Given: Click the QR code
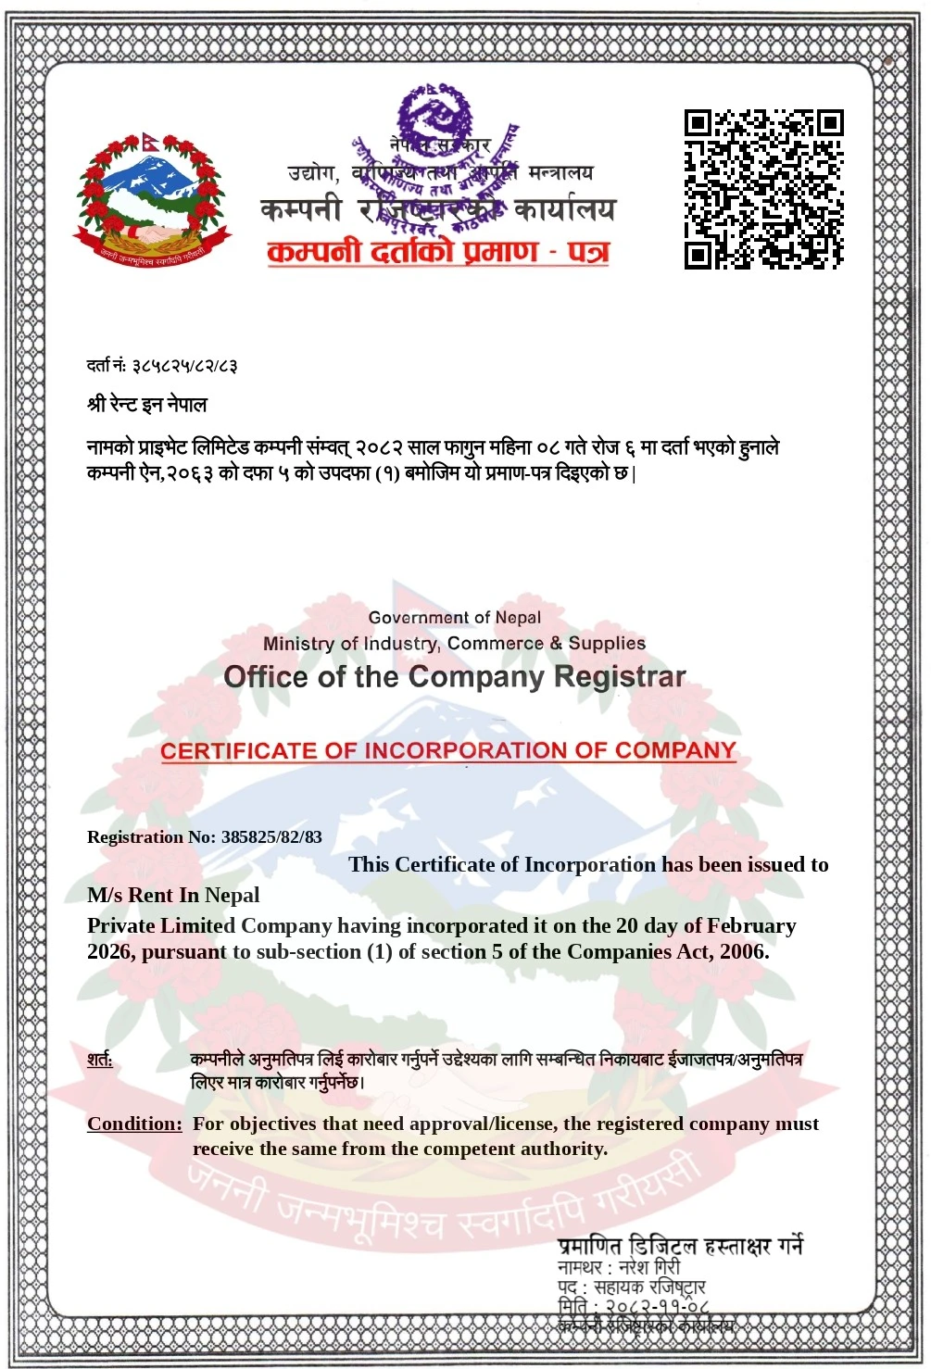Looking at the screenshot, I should click(x=763, y=189).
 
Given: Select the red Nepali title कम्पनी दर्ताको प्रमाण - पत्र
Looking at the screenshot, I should click(x=437, y=251).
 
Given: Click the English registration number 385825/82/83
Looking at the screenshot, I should click(x=271, y=837).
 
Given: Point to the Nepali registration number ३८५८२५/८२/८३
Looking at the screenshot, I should click(x=185, y=366).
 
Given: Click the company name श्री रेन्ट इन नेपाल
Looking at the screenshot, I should click(x=147, y=405).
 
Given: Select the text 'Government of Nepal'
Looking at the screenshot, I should click(x=454, y=618).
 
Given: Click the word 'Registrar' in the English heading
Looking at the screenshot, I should click(x=620, y=677).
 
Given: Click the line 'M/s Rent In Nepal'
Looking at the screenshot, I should click(x=173, y=895).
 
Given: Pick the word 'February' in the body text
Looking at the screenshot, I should click(x=751, y=925).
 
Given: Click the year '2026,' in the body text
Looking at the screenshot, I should click(x=111, y=951).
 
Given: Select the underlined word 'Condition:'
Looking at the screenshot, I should click(x=135, y=1124).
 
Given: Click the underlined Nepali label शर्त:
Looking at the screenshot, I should click(x=100, y=1059).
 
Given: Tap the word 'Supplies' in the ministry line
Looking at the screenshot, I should click(x=607, y=643).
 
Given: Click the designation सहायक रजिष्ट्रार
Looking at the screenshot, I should click(x=649, y=1287).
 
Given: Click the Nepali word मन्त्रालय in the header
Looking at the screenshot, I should click(x=560, y=173).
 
